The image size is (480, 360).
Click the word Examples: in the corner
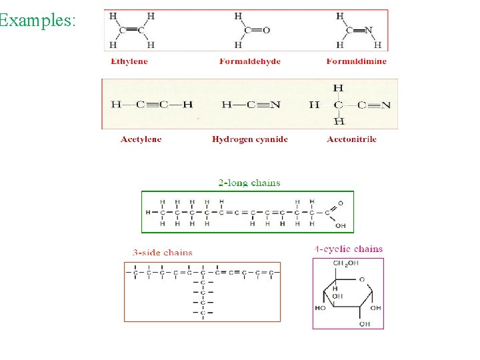click(37, 20)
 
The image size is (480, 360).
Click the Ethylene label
click(129, 61)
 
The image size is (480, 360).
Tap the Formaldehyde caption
click(250, 61)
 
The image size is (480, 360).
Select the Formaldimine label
click(356, 61)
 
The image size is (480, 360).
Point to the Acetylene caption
click(141, 139)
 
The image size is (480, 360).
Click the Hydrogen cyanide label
click(250, 139)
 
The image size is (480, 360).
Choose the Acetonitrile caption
click(351, 139)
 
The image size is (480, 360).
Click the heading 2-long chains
click(249, 182)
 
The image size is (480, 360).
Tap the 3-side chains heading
click(163, 253)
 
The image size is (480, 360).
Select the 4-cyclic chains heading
click(349, 249)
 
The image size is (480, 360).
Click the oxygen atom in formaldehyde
click(266, 30)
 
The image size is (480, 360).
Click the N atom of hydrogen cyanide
click(276, 105)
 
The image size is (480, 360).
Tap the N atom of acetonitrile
click(386, 105)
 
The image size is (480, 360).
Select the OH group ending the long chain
click(340, 225)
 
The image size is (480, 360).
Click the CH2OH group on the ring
click(345, 263)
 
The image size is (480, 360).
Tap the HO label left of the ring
click(321, 308)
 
